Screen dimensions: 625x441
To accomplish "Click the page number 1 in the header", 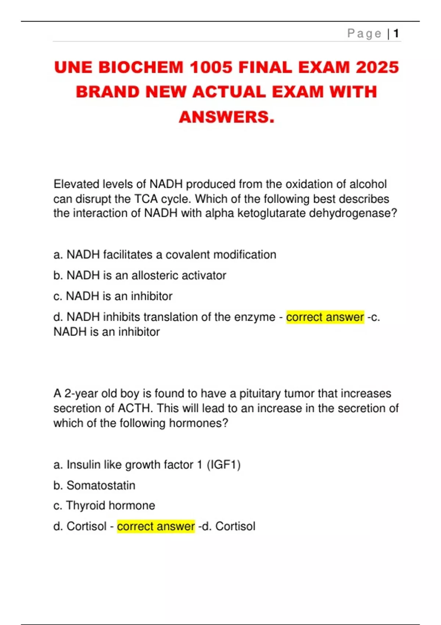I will pyautogui.click(x=396, y=34).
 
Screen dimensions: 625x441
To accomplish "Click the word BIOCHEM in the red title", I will pyautogui.click(x=141, y=68).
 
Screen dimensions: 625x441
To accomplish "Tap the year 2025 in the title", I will pyautogui.click(x=377, y=68).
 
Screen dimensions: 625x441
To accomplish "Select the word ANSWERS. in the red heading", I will pyautogui.click(x=227, y=117).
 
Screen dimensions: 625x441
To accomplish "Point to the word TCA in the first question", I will pyautogui.click(x=146, y=199).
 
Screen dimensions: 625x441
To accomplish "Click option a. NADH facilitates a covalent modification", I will pyautogui.click(x=165, y=255).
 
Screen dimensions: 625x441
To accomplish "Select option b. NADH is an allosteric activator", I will pyautogui.click(x=140, y=275).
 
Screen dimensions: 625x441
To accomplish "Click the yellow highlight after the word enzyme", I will pyautogui.click(x=325, y=317).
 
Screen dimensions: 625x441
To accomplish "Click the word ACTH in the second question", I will pyautogui.click(x=135, y=408).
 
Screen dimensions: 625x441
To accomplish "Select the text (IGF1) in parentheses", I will pyautogui.click(x=223, y=465).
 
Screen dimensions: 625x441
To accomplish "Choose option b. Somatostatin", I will pyautogui.click(x=94, y=485).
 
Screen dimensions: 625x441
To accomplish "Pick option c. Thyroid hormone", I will pyautogui.click(x=104, y=506).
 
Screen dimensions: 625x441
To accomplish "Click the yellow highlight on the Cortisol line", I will pyautogui.click(x=156, y=526).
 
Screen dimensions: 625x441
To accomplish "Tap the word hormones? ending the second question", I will pyautogui.click(x=198, y=423).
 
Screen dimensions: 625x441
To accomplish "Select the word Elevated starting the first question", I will pyautogui.click(x=76, y=184).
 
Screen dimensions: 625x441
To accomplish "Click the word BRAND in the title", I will pyautogui.click(x=108, y=92).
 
